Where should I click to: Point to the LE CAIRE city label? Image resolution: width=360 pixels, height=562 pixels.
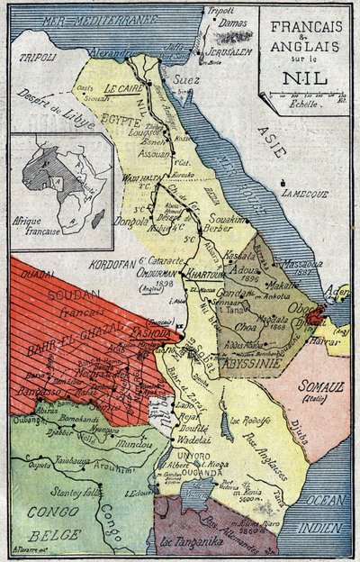pos(124,88)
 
